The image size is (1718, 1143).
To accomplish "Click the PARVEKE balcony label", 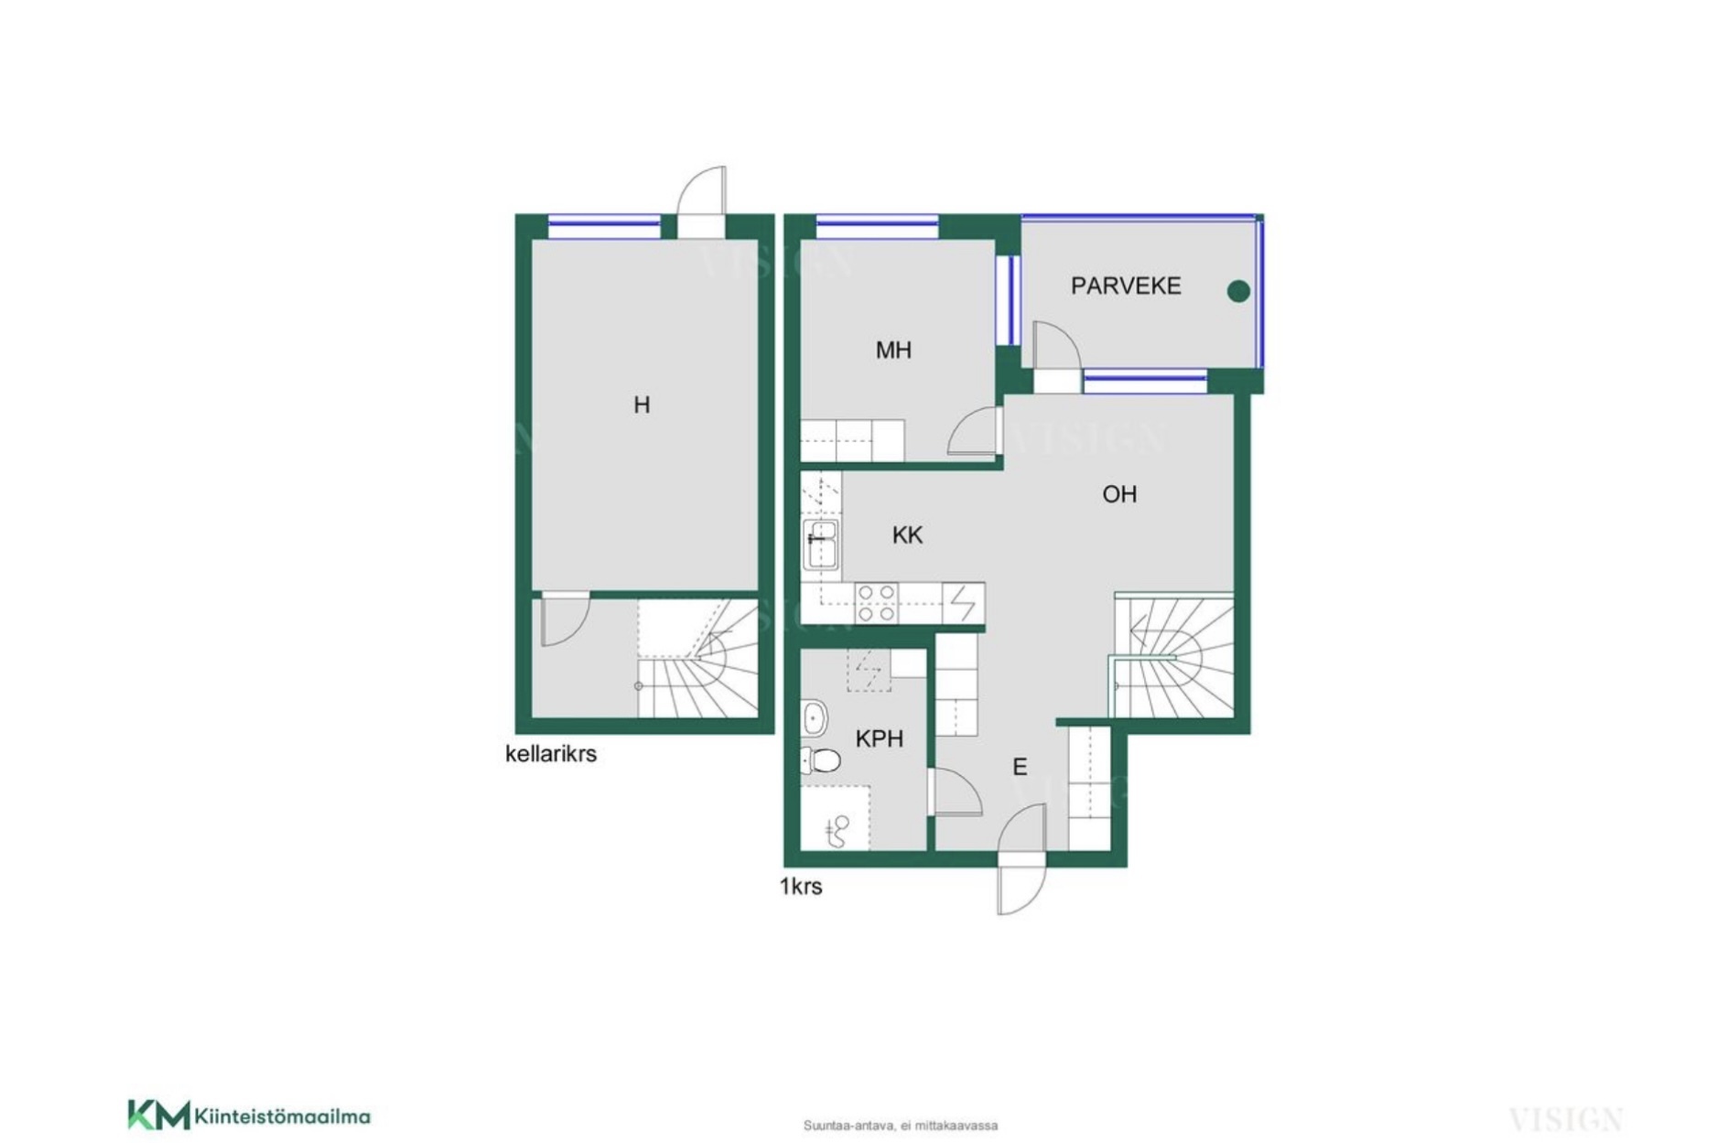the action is click(x=1125, y=286).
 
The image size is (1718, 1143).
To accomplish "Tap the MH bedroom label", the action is click(x=893, y=350).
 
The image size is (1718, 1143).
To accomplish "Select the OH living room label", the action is click(x=1118, y=494).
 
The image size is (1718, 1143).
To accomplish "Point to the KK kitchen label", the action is click(x=907, y=535).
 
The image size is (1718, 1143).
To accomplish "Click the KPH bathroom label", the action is click(x=879, y=739).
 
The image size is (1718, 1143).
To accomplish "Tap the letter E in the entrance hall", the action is click(x=1020, y=767).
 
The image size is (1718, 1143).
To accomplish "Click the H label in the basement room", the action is click(x=642, y=404).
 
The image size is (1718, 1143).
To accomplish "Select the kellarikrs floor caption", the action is click(x=551, y=754).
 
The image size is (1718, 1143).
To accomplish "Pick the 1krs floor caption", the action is click(x=801, y=886).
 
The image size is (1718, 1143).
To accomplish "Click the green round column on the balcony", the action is click(x=1237, y=291).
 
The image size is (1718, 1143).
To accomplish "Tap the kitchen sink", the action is click(x=821, y=545).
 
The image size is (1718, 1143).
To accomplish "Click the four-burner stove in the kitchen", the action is click(x=875, y=603).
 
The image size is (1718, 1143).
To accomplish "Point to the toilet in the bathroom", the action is click(x=821, y=760).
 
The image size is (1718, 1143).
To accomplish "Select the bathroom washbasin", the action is click(x=814, y=718).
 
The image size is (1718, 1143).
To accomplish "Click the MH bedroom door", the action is click(x=973, y=430).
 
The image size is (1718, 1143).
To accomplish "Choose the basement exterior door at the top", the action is click(x=701, y=190).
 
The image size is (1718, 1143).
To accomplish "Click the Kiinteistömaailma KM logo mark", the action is click(x=158, y=1115).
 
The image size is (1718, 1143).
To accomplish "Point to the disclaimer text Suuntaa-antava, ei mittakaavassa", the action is click(x=901, y=1126).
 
